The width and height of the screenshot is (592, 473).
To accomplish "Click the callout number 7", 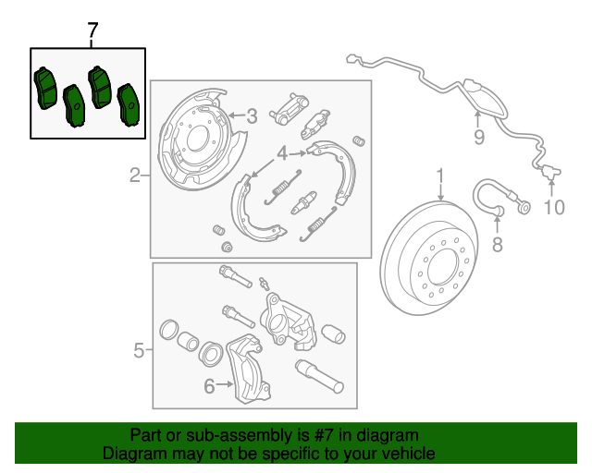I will (92, 30).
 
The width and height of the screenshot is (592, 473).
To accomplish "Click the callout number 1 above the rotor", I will (441, 176).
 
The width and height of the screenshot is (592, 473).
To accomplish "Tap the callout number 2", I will (134, 175).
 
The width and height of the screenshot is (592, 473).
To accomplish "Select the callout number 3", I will (251, 115).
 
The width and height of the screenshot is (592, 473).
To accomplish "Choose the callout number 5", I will (139, 350).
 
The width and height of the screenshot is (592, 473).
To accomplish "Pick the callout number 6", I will (209, 386).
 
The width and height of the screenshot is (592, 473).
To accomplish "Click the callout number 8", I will (497, 244).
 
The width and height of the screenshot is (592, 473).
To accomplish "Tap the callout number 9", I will (479, 138).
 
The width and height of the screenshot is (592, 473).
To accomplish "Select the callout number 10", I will (553, 207).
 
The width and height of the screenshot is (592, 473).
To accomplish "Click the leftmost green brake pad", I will (43, 88).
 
